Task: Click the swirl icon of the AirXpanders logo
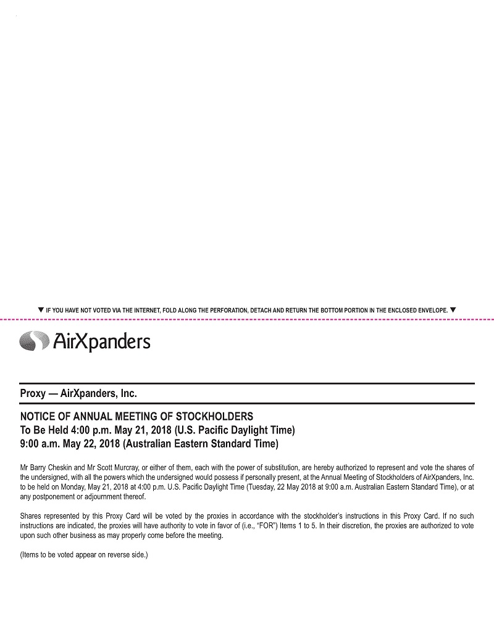coord(34,341)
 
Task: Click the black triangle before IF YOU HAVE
coord(40,309)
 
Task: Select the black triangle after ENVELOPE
coord(453,309)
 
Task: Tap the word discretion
coord(360,526)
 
